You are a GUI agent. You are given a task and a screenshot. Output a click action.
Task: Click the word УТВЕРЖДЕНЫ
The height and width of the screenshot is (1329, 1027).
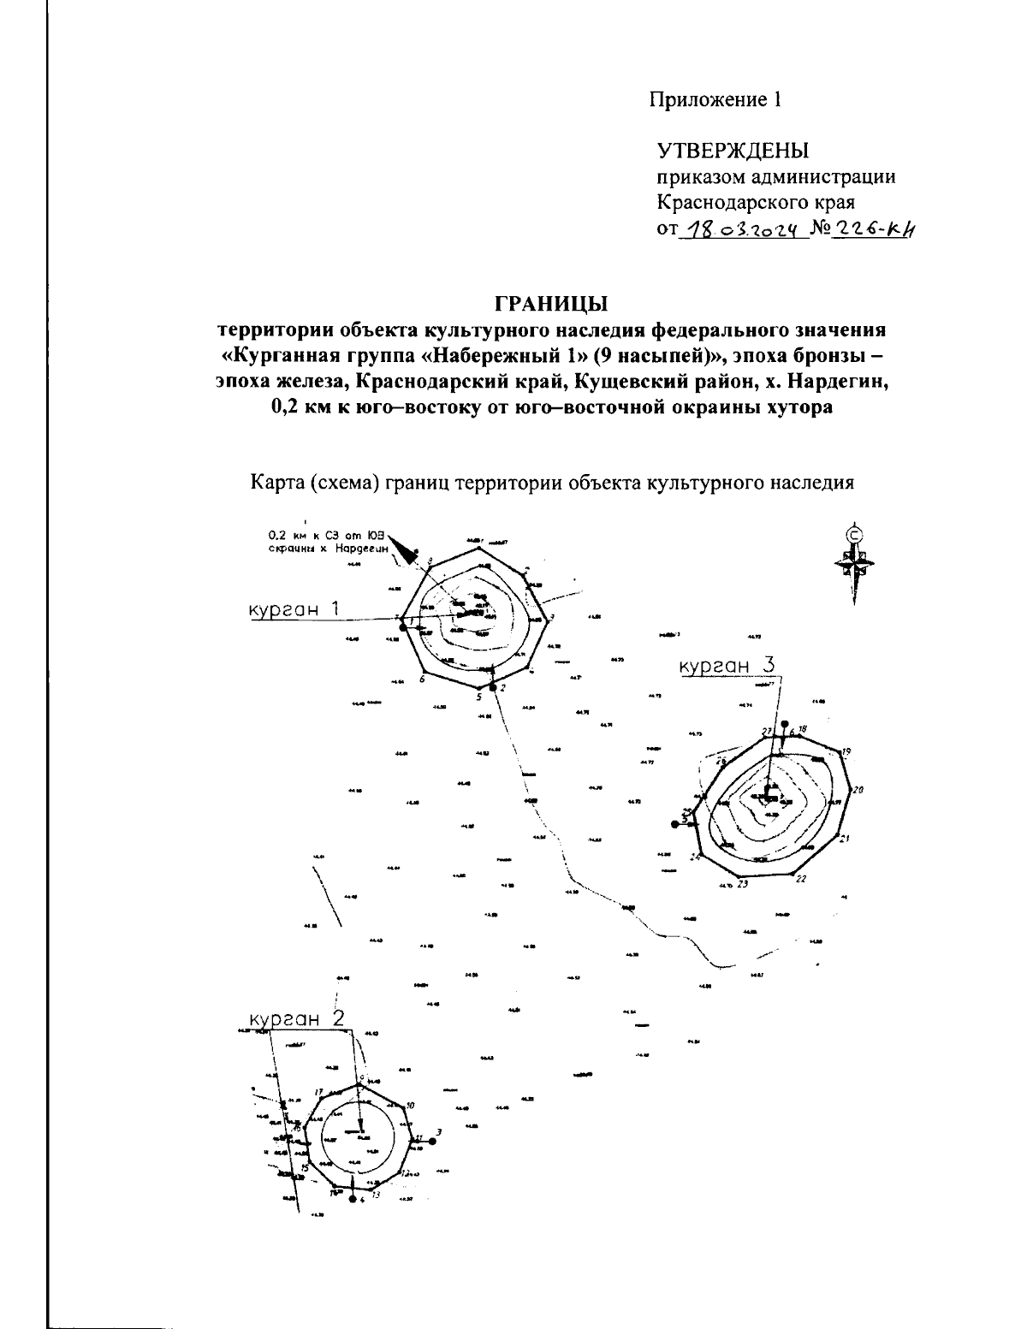tap(733, 151)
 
